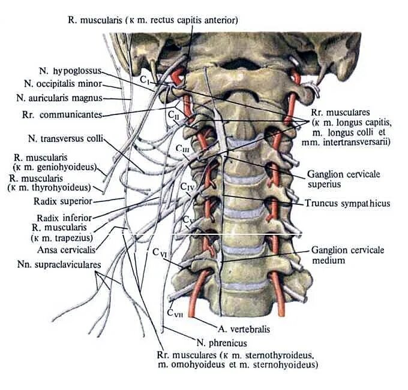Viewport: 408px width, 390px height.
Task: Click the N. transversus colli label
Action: [65, 139]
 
